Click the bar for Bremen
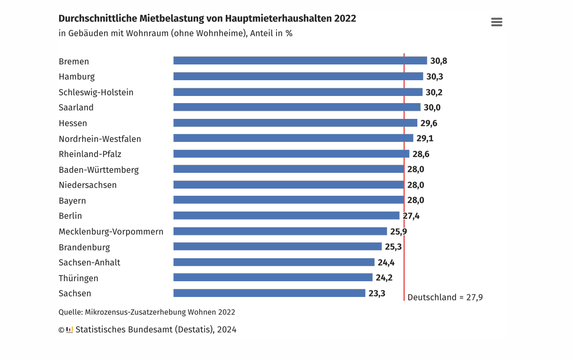point(300,61)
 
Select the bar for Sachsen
point(269,293)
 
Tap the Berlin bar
point(286,215)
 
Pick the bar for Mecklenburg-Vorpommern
point(280,231)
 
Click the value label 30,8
point(438,61)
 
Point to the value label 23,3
point(377,293)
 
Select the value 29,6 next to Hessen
point(429,123)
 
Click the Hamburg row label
point(76,76)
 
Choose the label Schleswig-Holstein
point(96,92)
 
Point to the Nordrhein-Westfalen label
point(100,139)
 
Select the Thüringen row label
point(78,278)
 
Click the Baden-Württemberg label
point(99,169)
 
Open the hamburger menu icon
point(497,22)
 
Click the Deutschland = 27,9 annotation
point(445,297)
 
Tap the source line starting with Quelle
point(147,312)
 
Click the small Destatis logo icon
point(70,329)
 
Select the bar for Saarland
point(297,107)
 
